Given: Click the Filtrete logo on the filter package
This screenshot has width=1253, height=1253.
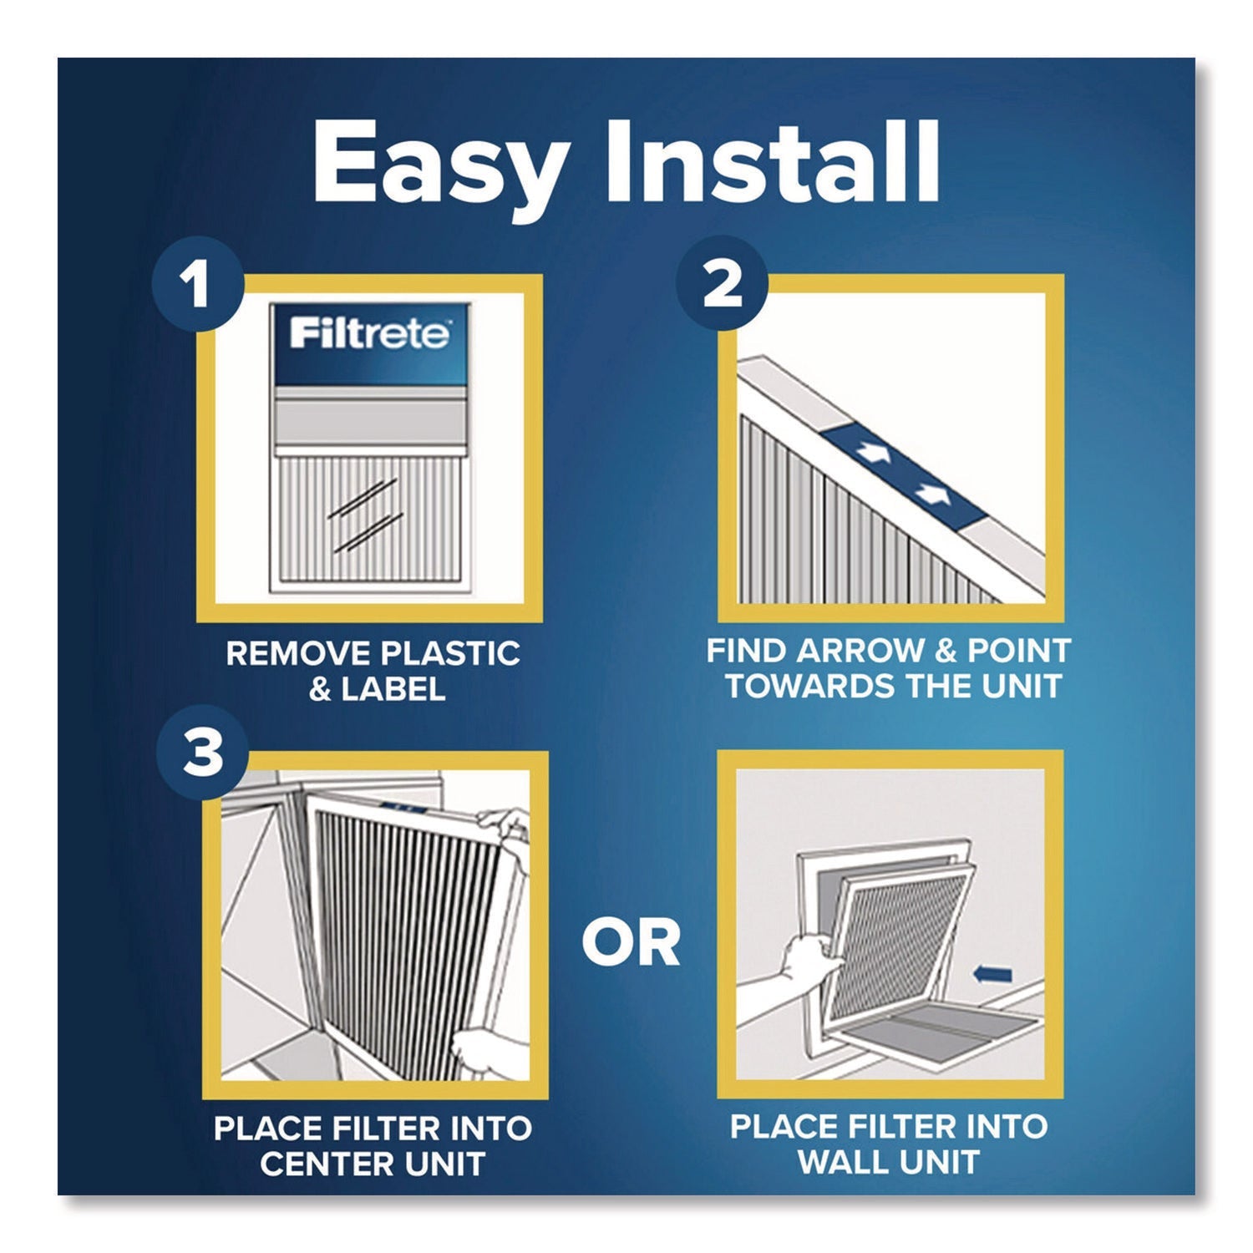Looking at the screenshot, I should [369, 334].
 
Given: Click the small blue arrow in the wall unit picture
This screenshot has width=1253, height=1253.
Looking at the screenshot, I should [993, 973].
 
